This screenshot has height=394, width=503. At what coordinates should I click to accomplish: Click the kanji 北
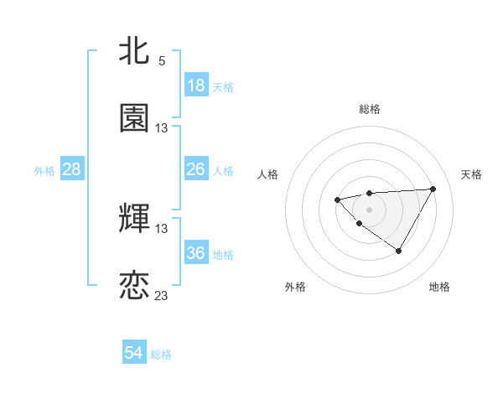tap(134, 51)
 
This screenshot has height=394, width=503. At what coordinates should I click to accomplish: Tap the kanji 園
tap(134, 118)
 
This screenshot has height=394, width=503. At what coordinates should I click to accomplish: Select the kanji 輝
tap(134, 218)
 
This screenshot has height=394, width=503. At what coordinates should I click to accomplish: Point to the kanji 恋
tap(134, 285)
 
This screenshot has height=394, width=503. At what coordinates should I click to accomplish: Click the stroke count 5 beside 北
tap(162, 61)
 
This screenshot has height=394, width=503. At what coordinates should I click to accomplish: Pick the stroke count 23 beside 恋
tap(162, 296)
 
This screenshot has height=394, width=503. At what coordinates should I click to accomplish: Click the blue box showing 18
tap(196, 86)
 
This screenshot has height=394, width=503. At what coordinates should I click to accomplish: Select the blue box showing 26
tap(196, 169)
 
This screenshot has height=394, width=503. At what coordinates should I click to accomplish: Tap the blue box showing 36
tap(196, 253)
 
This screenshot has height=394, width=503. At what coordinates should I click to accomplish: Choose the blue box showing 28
tap(72, 169)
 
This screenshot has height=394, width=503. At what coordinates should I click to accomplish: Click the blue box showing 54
tap(134, 353)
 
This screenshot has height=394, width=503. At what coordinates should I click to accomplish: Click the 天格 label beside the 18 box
tap(223, 87)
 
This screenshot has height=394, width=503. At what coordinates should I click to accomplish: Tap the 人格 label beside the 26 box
tap(223, 171)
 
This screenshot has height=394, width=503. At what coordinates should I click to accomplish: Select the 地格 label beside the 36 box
tap(223, 255)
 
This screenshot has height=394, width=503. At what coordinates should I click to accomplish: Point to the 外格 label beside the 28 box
tap(44, 171)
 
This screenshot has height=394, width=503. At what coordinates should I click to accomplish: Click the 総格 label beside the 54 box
tap(161, 355)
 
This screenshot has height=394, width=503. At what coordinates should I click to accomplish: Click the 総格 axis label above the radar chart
tap(370, 109)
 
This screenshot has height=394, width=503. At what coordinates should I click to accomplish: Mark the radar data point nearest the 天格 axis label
tap(433, 189)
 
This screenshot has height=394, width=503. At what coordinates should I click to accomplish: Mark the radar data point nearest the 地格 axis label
tap(399, 251)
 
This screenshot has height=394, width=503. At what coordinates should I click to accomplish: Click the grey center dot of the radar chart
tap(369, 209)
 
